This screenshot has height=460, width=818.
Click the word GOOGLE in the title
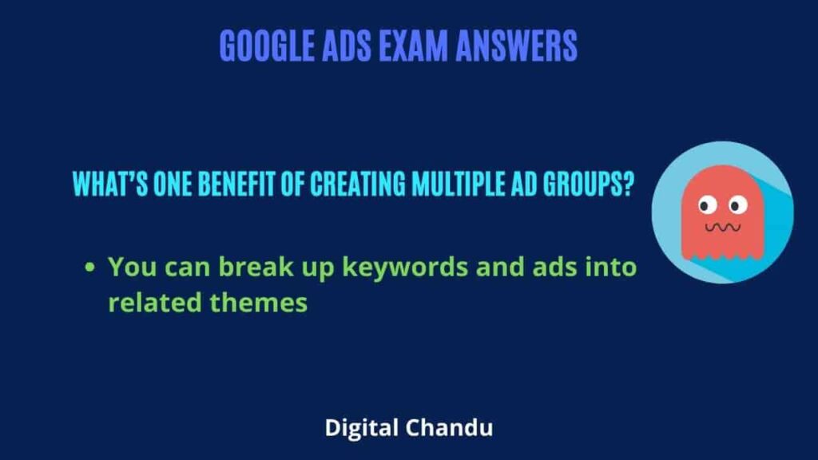pyautogui.click(x=267, y=46)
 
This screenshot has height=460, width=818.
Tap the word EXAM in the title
pyautogui.click(x=413, y=46)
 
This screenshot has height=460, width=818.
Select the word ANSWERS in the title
pyautogui.click(x=517, y=46)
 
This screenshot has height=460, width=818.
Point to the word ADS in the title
pyautogui.click(x=347, y=46)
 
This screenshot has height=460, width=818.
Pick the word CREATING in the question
pyautogui.click(x=357, y=184)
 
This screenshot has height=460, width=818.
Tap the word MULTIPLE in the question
pyautogui.click(x=458, y=184)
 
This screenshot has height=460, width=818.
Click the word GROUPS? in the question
pyautogui.click(x=589, y=184)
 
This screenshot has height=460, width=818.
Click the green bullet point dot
pyautogui.click(x=89, y=268)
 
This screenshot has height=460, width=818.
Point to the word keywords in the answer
pyautogui.click(x=405, y=268)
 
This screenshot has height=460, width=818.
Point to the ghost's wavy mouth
pyautogui.click(x=722, y=228)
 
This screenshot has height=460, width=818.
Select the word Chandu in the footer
pyautogui.click(x=449, y=428)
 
